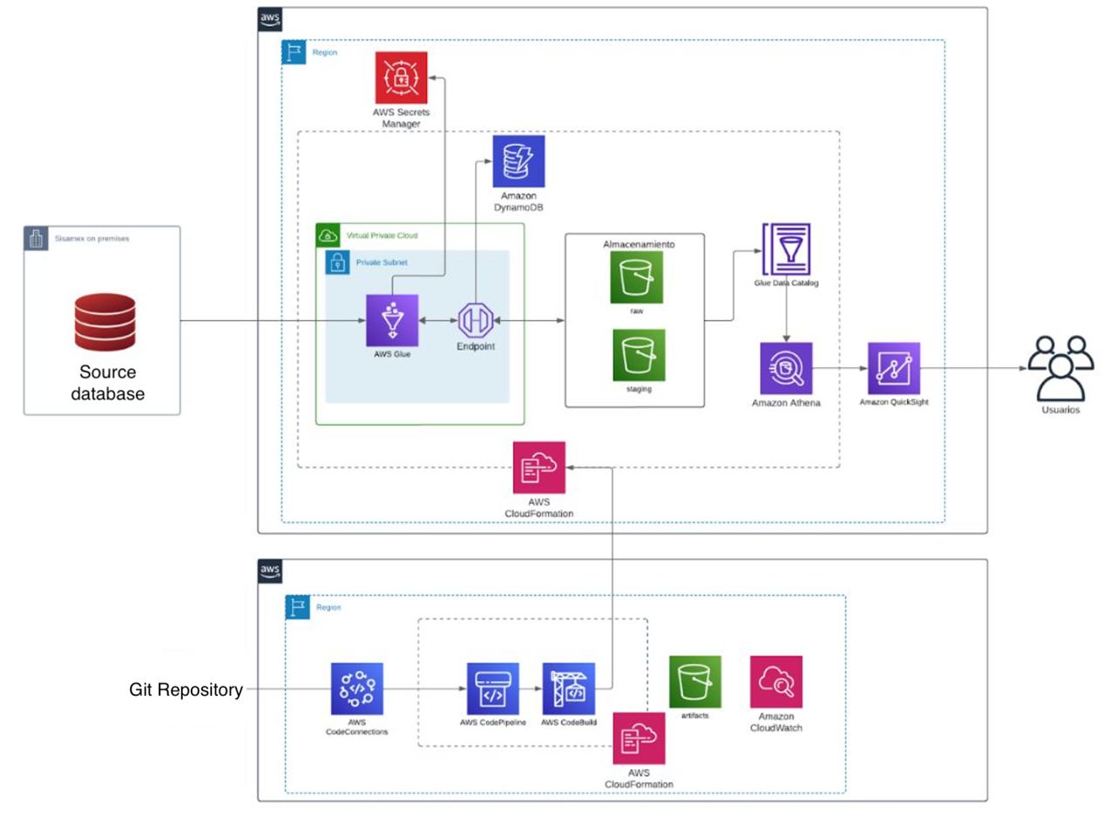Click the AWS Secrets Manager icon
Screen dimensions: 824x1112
coord(401,78)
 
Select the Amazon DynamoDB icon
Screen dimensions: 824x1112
coord(518,161)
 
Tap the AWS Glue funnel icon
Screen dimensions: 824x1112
coord(392,320)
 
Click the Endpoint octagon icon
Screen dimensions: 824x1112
coord(476,321)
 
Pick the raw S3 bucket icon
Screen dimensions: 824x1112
coord(637,276)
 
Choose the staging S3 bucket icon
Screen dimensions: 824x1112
coord(639,355)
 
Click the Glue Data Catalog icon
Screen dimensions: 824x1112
coord(786,249)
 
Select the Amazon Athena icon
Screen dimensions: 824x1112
coord(786,368)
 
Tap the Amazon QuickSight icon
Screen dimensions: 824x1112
coord(893,368)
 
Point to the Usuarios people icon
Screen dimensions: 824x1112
coord(1059,366)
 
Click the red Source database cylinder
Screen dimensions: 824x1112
coord(105,322)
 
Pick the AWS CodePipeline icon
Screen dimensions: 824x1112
coord(492,689)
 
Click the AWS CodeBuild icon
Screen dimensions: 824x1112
coord(568,689)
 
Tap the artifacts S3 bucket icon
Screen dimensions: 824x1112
coord(695,681)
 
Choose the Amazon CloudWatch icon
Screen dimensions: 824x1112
coord(776,681)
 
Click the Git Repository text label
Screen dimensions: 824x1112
coord(186,690)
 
